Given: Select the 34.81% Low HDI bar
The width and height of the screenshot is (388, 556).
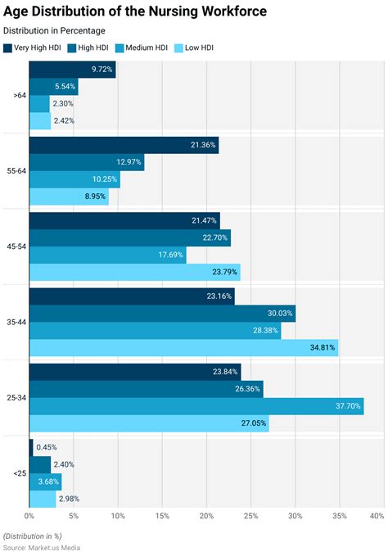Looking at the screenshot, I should pyautogui.click(x=183, y=348).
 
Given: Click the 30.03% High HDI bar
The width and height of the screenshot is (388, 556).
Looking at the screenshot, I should pyautogui.click(x=162, y=314).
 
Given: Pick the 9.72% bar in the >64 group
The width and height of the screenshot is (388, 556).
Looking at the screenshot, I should pyautogui.click(x=72, y=70).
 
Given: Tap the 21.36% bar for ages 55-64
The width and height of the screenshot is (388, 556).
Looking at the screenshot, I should pyautogui.click(x=124, y=145).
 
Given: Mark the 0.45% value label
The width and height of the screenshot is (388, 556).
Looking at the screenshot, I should pyautogui.click(x=47, y=447).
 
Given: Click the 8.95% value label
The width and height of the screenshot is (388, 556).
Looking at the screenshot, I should pyautogui.click(x=95, y=197).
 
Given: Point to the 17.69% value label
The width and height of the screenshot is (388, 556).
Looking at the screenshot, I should pyautogui.click(x=171, y=255).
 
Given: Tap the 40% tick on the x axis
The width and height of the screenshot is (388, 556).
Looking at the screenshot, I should pyautogui.click(x=377, y=516).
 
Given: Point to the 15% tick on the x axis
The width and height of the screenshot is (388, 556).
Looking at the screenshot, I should pyautogui.click(x=162, y=516).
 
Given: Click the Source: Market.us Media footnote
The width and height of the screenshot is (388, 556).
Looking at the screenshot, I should pyautogui.click(x=42, y=546).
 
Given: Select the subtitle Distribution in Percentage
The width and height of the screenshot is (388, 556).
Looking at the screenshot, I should pyautogui.click(x=54, y=30).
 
